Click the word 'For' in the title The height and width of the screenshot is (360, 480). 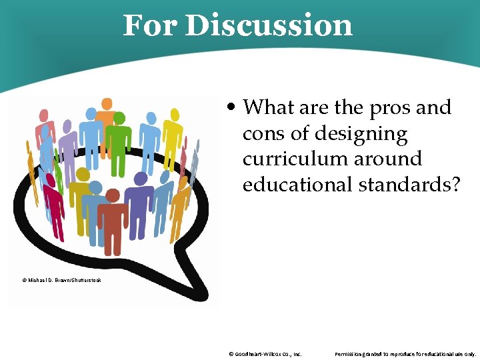pyautogui.click(x=150, y=25)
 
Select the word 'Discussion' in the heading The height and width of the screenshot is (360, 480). pyautogui.click(x=269, y=25)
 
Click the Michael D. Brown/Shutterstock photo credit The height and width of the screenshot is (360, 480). pyautogui.click(x=62, y=281)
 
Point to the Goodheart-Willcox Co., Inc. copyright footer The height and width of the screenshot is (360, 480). pyautogui.click(x=265, y=354)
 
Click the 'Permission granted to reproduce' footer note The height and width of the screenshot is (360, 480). pyautogui.click(x=405, y=354)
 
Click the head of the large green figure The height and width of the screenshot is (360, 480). pyautogui.click(x=119, y=118)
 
